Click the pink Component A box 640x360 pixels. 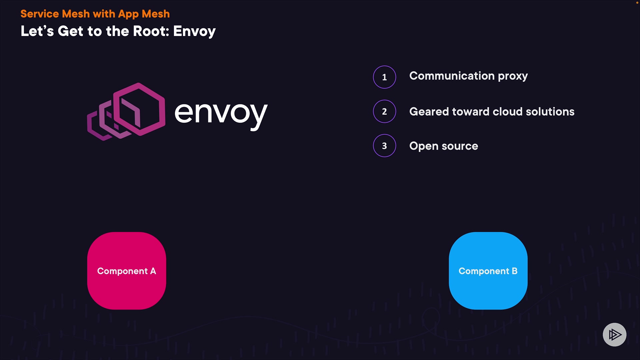[127, 271]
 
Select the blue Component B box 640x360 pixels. [488, 271]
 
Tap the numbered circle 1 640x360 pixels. [384, 77]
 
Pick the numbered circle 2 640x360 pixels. [384, 111]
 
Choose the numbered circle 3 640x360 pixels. [384, 146]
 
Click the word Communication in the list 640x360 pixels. [452, 76]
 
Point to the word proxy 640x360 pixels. [513, 76]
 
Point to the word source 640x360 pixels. [460, 146]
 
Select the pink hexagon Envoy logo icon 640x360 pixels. [127, 112]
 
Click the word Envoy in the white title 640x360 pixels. [194, 31]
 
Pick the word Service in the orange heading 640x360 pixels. [39, 14]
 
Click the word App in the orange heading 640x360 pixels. [128, 14]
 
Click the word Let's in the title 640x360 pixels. [37, 31]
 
